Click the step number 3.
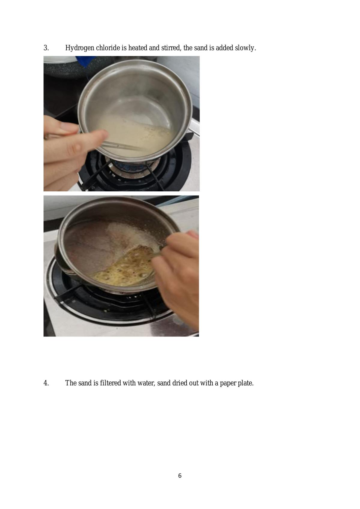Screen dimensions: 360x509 [x=46, y=48]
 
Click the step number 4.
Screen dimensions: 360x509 [x=46, y=383]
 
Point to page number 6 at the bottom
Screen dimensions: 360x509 [x=180, y=475]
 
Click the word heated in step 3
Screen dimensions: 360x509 [x=138, y=48]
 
